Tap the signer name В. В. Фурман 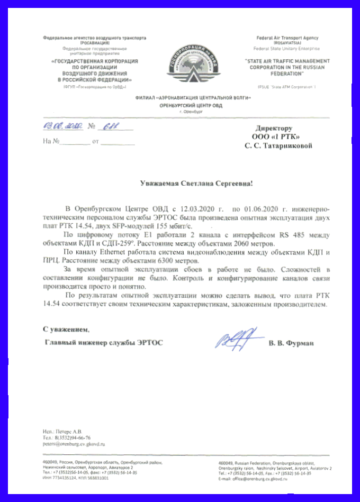coord(291,343)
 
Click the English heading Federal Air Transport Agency coord(287,39)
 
